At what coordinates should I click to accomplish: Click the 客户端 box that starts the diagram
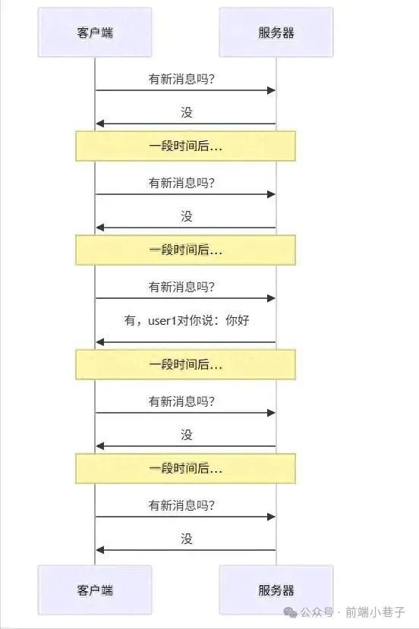(x=95, y=32)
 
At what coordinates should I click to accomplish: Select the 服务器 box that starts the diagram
(x=276, y=32)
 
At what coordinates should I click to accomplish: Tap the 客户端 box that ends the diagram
(x=95, y=590)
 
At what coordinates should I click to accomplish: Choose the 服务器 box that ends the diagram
(x=276, y=590)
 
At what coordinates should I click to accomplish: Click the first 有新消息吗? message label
(x=182, y=79)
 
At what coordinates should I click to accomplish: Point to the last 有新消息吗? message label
(x=182, y=505)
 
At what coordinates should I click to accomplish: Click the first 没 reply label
(x=186, y=112)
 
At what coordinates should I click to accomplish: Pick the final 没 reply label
(x=186, y=539)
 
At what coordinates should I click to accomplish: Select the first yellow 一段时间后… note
(x=185, y=146)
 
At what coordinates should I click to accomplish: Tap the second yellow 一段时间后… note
(x=185, y=250)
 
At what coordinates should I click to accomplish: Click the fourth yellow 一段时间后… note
(x=185, y=469)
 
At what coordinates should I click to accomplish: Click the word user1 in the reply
(x=162, y=320)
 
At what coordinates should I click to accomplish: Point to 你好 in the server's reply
(x=238, y=320)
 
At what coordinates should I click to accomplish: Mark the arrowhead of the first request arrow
(x=271, y=90)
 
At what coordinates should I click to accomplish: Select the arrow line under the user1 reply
(x=186, y=342)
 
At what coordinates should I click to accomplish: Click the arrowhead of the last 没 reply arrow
(x=100, y=550)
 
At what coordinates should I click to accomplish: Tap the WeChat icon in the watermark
(x=290, y=612)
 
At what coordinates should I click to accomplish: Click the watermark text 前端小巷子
(x=375, y=612)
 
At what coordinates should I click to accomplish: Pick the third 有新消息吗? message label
(x=182, y=287)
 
